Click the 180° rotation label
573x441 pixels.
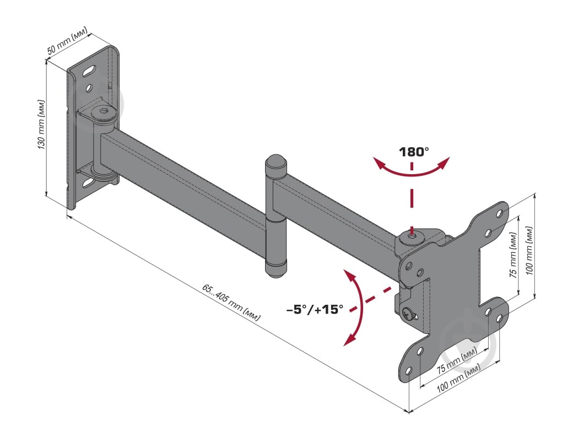tap(414, 152)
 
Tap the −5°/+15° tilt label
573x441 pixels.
tap(315, 310)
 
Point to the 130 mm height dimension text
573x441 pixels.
tap(41, 124)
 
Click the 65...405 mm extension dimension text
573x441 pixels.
tap(231, 303)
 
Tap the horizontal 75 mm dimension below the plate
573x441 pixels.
tap(457, 360)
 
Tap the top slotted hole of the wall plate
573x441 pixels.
tap(89, 71)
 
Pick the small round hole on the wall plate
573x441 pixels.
tap(88, 88)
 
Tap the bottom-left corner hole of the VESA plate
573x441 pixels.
tap(408, 371)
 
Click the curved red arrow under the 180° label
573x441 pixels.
tap(412, 172)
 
